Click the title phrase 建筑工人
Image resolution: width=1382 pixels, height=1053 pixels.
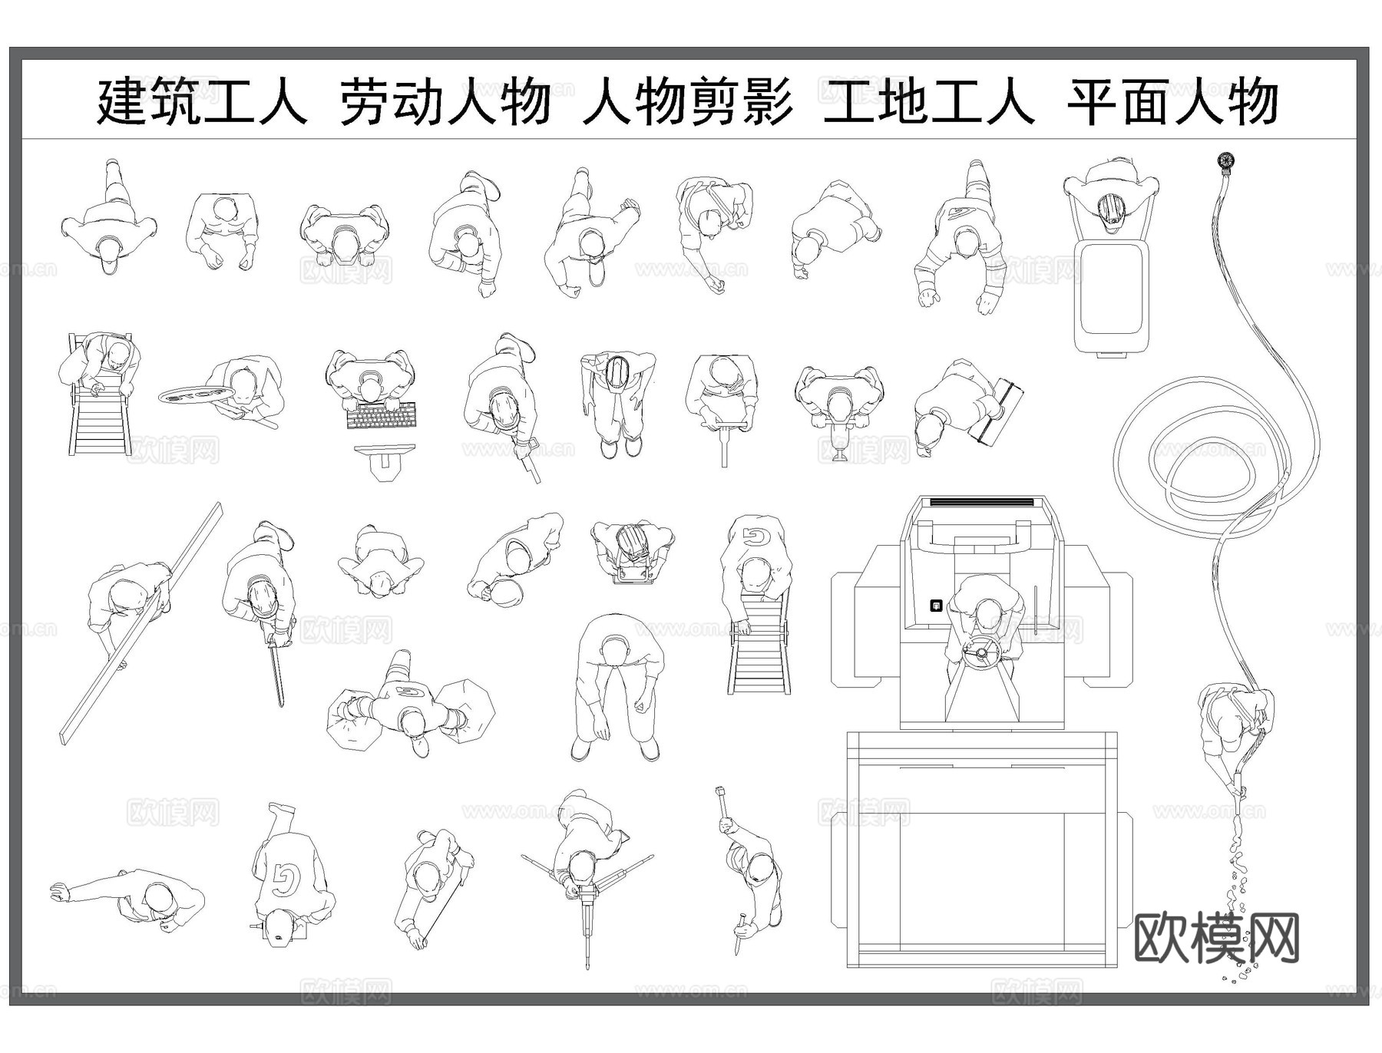201,102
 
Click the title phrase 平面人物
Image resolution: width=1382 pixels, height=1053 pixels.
1172,102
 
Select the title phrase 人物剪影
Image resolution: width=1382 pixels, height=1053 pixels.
687,102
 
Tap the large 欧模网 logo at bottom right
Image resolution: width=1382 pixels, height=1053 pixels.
1216,937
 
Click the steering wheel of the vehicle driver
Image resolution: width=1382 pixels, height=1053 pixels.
981,653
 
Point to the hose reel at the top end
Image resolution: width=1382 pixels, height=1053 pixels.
1225,162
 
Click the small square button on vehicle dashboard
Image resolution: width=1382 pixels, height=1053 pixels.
936,606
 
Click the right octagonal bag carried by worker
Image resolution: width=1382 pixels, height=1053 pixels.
466,711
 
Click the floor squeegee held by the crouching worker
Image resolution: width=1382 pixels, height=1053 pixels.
997,411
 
